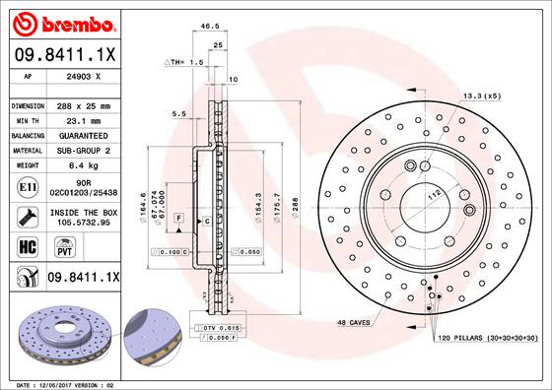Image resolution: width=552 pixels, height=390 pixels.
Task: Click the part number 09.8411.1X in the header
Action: click(x=64, y=55)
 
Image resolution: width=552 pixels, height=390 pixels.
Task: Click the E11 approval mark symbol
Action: click(x=28, y=186)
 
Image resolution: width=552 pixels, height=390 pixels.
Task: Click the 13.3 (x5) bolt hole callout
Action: click(x=481, y=96)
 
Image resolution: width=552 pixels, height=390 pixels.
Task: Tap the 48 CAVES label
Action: click(x=353, y=323)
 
